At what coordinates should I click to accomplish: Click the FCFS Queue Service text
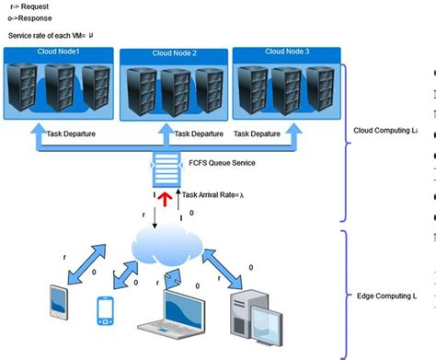[221, 163]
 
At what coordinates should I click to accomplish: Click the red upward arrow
[166, 198]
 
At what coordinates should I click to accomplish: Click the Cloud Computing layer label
[385, 130]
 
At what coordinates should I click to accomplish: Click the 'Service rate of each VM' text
[51, 35]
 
